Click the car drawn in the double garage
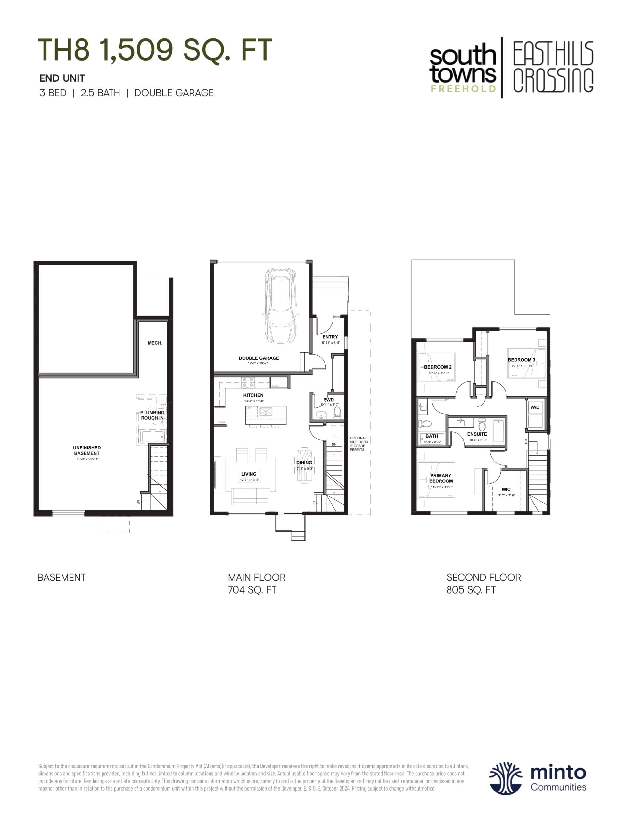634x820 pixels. (x=281, y=306)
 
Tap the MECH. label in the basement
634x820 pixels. (x=155, y=343)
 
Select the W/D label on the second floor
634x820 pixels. (x=535, y=407)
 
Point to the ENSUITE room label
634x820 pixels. (x=477, y=434)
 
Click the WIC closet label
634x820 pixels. (x=506, y=489)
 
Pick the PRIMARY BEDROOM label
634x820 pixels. (x=441, y=478)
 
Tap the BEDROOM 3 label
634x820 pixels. (x=521, y=360)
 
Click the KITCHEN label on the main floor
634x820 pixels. (x=253, y=395)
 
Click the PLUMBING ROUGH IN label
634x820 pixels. (x=152, y=415)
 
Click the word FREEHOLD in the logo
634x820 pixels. (x=463, y=89)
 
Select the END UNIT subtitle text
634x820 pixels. (x=62, y=78)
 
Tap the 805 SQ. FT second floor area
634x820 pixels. (x=471, y=590)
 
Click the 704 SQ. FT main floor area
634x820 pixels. (x=252, y=590)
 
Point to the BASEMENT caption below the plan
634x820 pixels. (x=62, y=578)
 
